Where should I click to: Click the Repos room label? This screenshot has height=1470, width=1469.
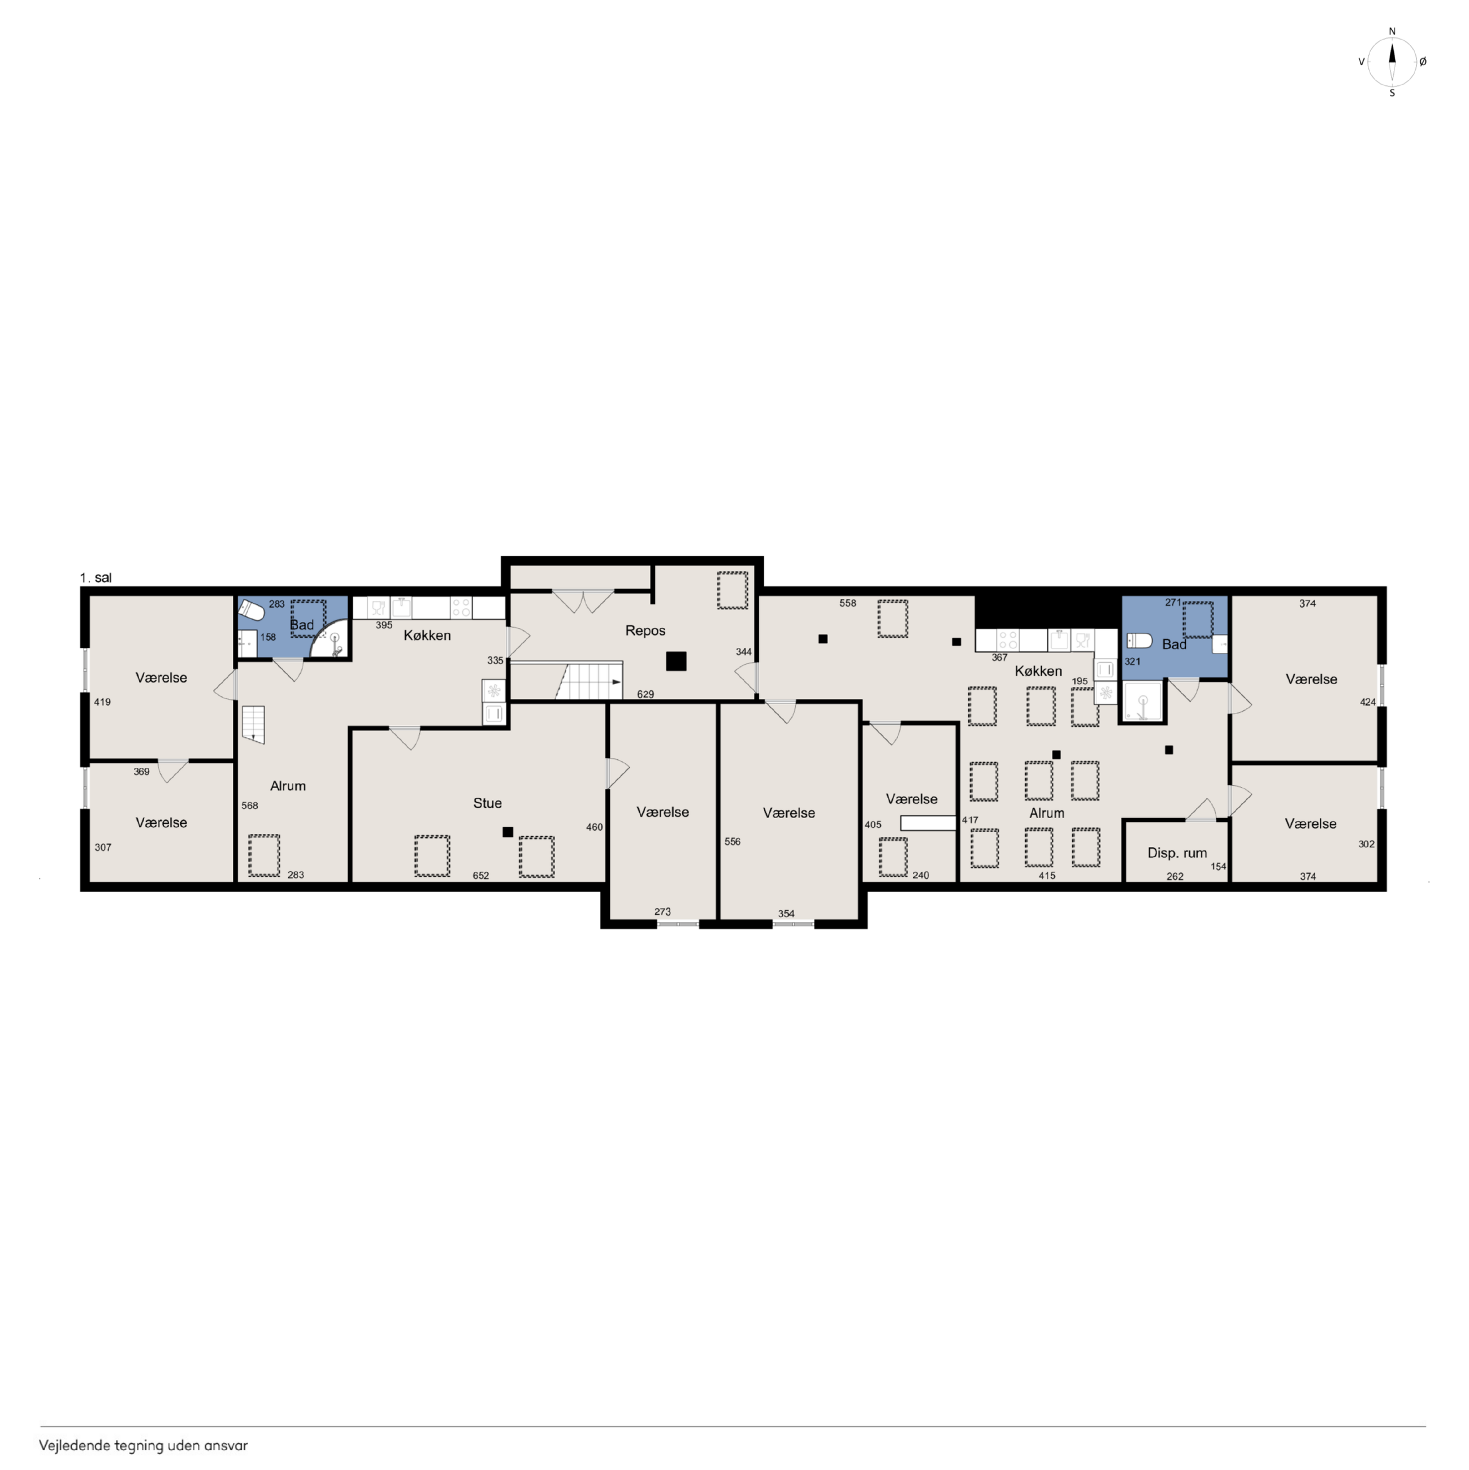645,631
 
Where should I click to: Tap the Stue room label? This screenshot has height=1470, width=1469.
488,803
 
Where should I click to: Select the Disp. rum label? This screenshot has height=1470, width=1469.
1177,853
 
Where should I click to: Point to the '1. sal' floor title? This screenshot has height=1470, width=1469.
96,578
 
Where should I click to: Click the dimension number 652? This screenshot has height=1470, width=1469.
481,876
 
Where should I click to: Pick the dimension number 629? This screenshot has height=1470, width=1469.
645,694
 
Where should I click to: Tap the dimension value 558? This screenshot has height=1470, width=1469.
847,603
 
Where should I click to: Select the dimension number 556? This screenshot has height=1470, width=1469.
732,841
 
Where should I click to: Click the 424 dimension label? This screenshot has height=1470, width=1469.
1367,702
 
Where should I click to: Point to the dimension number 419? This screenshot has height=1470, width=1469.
103,702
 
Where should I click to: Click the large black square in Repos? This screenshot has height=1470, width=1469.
675,661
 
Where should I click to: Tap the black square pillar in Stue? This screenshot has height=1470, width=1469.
508,832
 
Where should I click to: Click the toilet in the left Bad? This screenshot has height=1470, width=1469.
251,610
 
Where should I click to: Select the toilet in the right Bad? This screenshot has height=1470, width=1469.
1139,640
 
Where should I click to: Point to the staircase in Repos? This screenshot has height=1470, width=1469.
589,681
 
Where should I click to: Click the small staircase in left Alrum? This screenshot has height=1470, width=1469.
253,724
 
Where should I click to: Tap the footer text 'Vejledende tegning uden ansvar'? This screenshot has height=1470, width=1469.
143,1446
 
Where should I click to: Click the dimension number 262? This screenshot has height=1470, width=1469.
1175,876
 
